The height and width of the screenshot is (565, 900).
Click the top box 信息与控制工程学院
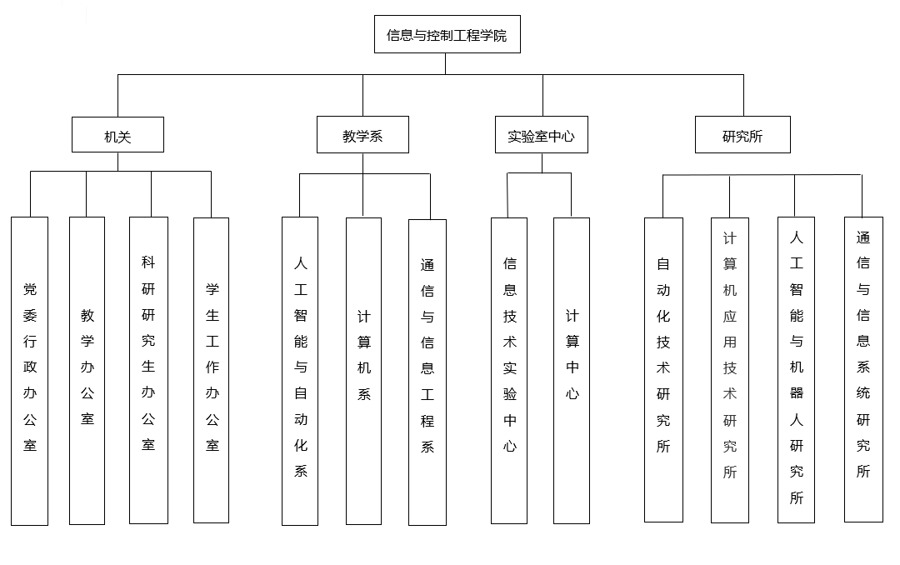click(447, 34)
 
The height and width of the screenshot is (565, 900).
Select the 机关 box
click(117, 135)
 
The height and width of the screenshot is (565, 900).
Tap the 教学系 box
click(362, 135)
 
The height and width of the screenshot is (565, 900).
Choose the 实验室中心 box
click(542, 135)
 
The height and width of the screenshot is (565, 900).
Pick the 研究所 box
click(742, 135)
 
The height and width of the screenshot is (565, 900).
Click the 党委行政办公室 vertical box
click(30, 371)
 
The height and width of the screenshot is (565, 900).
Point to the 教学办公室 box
click(87, 371)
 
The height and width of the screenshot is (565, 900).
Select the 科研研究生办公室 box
click(148, 371)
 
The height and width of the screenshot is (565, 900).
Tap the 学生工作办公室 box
click(212, 371)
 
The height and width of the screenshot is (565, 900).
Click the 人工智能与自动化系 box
click(300, 371)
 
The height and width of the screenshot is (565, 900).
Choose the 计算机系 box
click(363, 371)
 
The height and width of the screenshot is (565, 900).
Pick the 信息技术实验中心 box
click(509, 371)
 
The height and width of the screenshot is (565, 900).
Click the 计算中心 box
click(572, 371)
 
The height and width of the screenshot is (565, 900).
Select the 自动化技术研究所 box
click(663, 370)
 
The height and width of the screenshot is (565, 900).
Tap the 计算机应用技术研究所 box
click(730, 370)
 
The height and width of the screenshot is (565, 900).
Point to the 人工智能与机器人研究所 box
click(796, 370)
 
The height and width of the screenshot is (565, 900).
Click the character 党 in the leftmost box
click(30, 290)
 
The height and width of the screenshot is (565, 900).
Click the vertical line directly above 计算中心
click(572, 195)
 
